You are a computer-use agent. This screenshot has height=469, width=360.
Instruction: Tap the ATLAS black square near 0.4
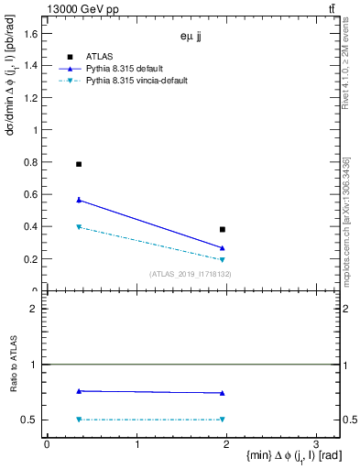pos(223,229)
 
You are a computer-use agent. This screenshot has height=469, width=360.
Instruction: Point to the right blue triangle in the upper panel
pos(223,248)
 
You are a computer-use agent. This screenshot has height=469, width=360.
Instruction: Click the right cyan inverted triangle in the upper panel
pos(223,260)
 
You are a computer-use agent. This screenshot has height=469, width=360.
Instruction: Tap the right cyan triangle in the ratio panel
pos(223,420)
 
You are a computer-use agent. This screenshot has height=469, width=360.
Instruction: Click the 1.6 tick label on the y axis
pos(30,34)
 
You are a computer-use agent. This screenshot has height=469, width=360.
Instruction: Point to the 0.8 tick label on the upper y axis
pos(30,162)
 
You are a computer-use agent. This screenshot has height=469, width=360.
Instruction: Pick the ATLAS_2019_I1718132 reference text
pos(190,274)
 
